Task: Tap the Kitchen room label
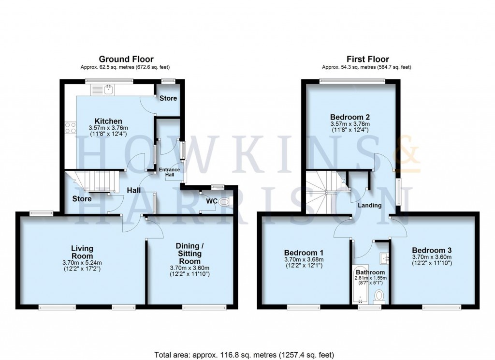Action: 108,120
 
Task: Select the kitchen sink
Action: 109,89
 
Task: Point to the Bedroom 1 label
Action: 304,253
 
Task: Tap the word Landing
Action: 369,205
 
